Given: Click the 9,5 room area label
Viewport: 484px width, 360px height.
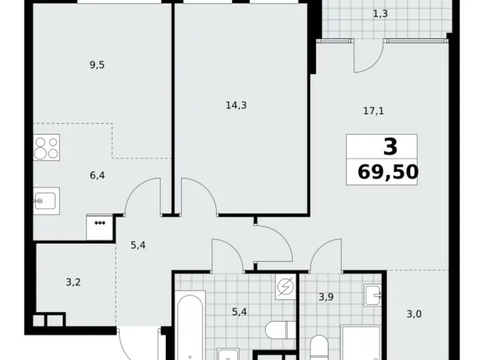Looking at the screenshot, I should tap(96, 64).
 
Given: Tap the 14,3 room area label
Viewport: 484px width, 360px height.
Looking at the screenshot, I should tap(236, 105).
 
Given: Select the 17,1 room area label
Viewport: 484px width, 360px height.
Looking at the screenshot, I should tap(374, 112).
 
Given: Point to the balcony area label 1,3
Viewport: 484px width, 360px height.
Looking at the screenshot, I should tap(382, 13).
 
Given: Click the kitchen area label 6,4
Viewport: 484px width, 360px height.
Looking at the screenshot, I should tap(97, 176).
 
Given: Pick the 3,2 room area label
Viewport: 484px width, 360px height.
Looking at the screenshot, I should tap(73, 282).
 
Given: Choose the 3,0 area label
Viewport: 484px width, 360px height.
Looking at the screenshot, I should tap(414, 313).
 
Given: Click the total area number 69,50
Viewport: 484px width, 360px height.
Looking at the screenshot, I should tap(388, 171).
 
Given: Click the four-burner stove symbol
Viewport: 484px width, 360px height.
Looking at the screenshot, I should tap(47, 148).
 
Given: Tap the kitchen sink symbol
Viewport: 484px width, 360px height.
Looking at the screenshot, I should tap(45, 200).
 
